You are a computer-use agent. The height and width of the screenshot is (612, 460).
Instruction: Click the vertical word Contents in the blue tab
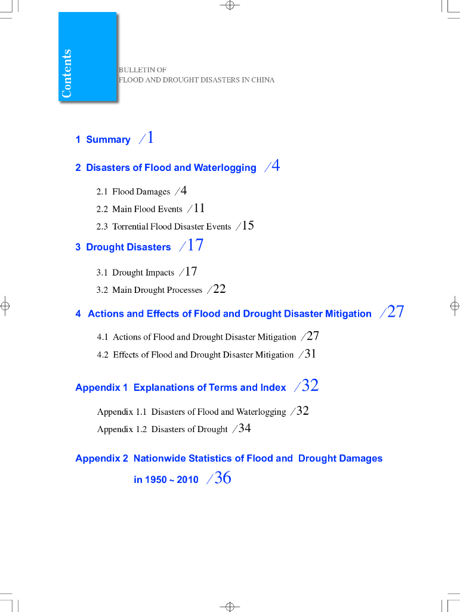tap(66, 74)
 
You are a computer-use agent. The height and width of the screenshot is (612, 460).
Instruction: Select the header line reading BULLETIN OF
tap(143, 70)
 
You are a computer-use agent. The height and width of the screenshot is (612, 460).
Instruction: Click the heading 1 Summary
tap(103, 140)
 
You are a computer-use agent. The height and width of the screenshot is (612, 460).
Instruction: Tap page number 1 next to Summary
tap(150, 138)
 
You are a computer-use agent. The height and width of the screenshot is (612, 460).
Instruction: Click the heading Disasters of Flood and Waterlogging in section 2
tap(171, 168)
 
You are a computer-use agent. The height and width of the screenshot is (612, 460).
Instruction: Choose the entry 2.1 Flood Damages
tap(133, 192)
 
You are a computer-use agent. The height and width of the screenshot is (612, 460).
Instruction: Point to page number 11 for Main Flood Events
tap(199, 208)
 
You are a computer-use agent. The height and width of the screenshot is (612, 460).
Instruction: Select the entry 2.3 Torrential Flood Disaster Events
tap(163, 227)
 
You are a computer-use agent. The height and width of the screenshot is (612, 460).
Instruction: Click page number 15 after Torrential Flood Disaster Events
tap(248, 225)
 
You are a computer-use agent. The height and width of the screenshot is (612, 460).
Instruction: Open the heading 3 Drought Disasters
tap(123, 247)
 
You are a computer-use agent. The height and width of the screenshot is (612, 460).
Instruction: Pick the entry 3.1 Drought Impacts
tap(135, 273)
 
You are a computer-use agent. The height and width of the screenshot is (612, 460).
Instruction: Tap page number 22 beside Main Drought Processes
tap(219, 289)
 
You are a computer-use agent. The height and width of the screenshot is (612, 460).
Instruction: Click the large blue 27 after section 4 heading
tap(396, 311)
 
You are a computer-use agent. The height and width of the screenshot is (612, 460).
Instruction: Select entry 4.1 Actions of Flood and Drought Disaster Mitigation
tap(196, 337)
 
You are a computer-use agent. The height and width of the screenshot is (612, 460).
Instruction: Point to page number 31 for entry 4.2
tap(310, 353)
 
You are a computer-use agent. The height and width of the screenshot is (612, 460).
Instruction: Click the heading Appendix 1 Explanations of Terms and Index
tap(180, 388)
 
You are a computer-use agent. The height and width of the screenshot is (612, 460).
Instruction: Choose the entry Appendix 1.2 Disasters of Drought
tap(162, 429)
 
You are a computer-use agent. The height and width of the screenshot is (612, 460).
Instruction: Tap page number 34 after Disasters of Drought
tap(245, 428)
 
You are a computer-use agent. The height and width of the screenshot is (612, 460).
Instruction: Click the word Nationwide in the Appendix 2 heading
tap(158, 458)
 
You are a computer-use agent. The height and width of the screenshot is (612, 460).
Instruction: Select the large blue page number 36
tap(223, 478)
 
